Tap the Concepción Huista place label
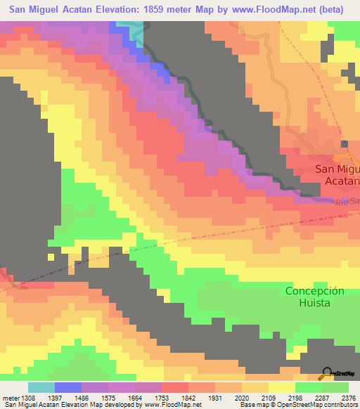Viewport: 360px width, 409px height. [x=315, y=297]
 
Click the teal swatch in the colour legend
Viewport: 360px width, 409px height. [x=41, y=387]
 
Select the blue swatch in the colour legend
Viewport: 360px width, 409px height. [x=67, y=387]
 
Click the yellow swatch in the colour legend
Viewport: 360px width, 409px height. [x=281, y=387]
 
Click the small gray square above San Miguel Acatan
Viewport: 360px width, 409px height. [x=344, y=144]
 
